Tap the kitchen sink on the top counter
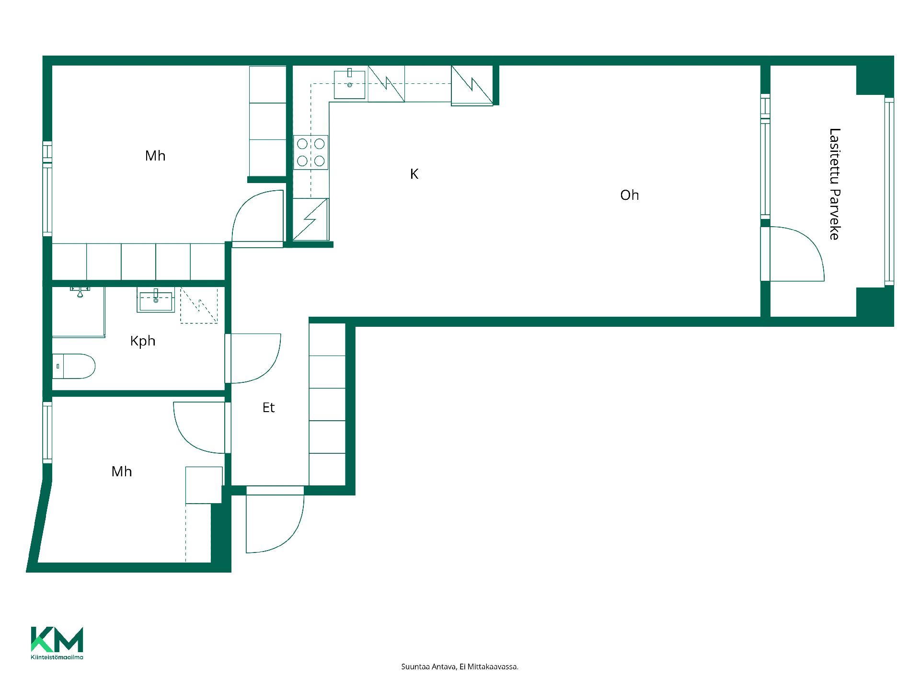point(349,84)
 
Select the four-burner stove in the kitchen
point(311,152)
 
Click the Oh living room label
point(629,195)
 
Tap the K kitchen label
point(414,174)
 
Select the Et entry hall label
point(268,407)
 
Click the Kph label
point(143,341)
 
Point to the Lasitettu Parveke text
point(835,184)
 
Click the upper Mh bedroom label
point(155,156)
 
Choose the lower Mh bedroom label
point(122,471)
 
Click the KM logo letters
point(57,639)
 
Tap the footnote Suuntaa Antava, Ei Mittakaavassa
point(460,667)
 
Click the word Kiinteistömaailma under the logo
point(57,657)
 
